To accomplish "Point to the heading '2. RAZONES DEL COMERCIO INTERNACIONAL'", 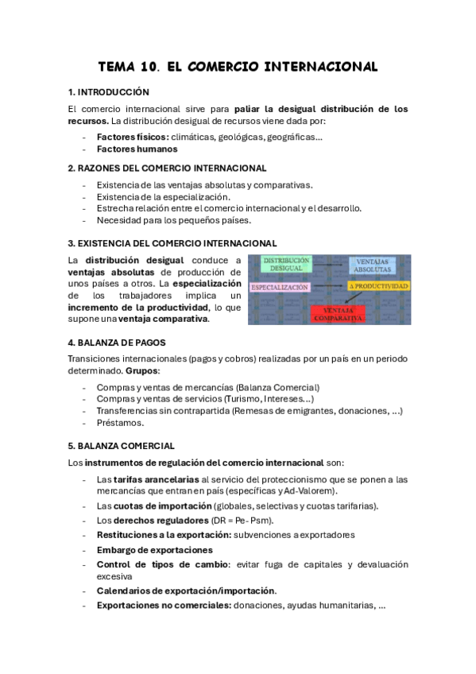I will pyautogui.click(x=167, y=168).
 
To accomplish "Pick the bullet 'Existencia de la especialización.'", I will pyautogui.click(x=163, y=196).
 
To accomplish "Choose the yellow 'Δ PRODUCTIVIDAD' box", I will pyautogui.click(x=378, y=285).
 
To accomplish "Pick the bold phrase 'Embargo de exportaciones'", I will pyautogui.click(x=154, y=550).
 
